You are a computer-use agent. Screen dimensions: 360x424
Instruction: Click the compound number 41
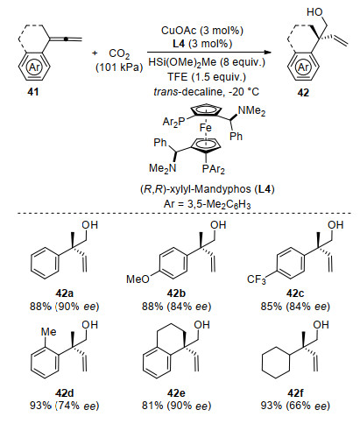[32, 92]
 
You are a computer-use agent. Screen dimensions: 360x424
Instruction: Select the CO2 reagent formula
[119, 54]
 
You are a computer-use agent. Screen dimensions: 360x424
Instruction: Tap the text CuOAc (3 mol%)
[202, 31]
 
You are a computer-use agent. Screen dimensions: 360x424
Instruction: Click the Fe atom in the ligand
[206, 128]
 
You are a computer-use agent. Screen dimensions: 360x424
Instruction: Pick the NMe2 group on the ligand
[251, 111]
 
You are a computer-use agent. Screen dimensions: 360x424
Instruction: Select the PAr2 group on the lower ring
[214, 169]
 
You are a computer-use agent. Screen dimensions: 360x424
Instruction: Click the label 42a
[64, 293]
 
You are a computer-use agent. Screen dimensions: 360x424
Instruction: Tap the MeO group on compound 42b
[138, 279]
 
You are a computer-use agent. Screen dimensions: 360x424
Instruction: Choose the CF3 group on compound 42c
[257, 280]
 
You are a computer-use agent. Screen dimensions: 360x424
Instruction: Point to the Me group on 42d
[48, 332]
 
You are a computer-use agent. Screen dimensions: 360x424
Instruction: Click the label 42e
[176, 393]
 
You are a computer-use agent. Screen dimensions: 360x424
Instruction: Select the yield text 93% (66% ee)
[295, 406]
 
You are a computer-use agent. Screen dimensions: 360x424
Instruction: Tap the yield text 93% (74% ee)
[64, 406]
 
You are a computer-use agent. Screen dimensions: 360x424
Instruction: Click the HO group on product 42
[314, 12]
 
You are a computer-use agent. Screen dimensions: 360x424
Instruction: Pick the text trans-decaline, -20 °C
[206, 92]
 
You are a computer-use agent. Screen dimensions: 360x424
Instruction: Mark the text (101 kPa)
[119, 67]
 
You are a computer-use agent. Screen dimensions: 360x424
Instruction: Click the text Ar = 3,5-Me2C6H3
[207, 204]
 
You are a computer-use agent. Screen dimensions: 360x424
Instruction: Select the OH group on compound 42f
[321, 325]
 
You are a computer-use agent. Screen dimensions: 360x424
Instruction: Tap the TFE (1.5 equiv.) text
[207, 77]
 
